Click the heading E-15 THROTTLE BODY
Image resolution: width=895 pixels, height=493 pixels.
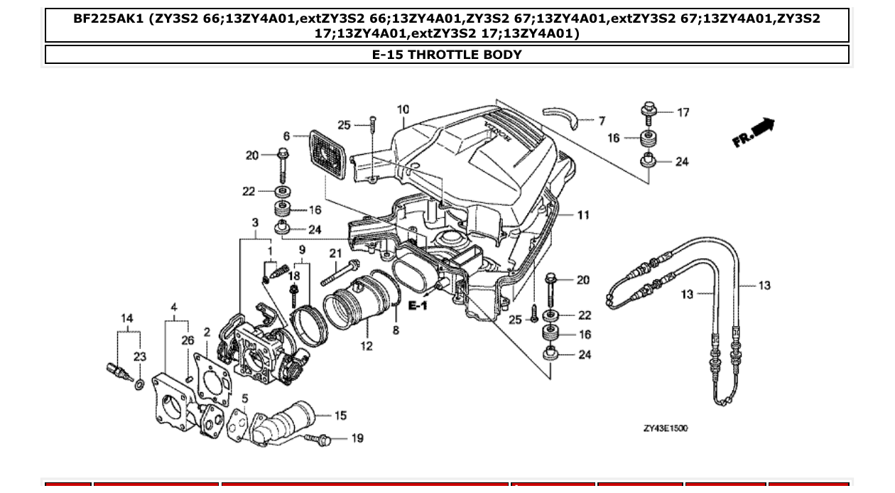pyautogui.click(x=447, y=55)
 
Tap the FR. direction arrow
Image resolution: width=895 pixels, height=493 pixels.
pyautogui.click(x=754, y=133)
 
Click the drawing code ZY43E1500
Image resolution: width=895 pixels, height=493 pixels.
pyautogui.click(x=665, y=428)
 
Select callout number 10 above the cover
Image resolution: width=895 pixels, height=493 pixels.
pyautogui.click(x=403, y=109)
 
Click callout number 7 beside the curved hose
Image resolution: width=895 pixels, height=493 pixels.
pyautogui.click(x=602, y=121)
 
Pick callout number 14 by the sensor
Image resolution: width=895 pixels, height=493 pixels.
pyautogui.click(x=126, y=318)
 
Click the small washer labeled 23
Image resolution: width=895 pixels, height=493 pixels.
pyautogui.click(x=139, y=384)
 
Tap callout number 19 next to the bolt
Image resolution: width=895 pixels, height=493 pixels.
pyautogui.click(x=357, y=438)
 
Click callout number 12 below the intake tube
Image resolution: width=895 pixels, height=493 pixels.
pyautogui.click(x=367, y=347)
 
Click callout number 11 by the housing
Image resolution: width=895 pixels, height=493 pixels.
pyautogui.click(x=582, y=215)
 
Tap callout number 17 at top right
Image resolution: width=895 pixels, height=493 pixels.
pyautogui.click(x=683, y=112)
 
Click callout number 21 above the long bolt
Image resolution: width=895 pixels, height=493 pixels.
pyautogui.click(x=335, y=253)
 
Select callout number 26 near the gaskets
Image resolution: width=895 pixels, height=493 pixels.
pyautogui.click(x=188, y=340)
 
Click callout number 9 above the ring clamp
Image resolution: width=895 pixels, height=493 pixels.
pyautogui.click(x=302, y=249)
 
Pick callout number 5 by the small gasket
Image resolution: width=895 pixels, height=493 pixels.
pyautogui.click(x=244, y=399)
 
